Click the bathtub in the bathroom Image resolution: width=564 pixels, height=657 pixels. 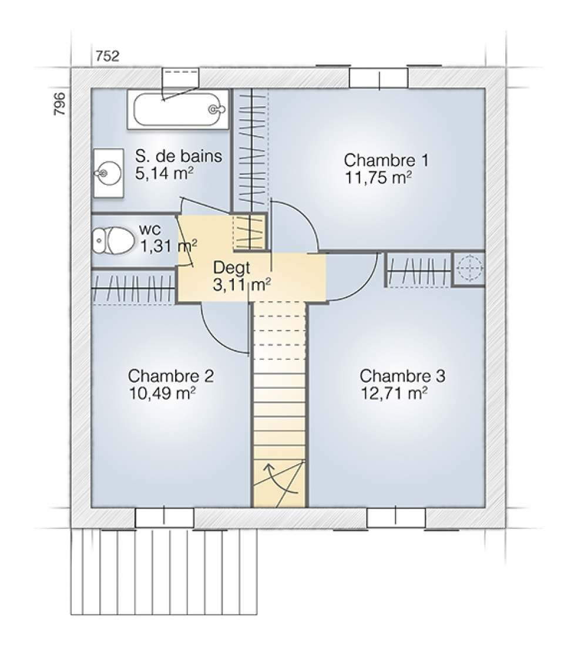[178, 109]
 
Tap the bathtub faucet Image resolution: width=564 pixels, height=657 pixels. [215, 109]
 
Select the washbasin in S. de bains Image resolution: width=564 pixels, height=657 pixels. [108, 172]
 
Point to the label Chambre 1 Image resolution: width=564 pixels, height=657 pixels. [386, 160]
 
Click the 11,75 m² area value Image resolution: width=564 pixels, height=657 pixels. [378, 178]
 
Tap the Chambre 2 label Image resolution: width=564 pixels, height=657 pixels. [170, 376]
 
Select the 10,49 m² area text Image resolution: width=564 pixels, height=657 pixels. [162, 393]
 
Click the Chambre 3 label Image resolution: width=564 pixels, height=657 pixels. [402, 376]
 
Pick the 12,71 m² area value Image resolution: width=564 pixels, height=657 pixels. [394, 393]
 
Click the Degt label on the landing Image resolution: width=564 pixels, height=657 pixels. [231, 268]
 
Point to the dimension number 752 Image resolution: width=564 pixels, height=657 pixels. [108, 56]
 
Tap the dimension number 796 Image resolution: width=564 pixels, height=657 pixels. [60, 103]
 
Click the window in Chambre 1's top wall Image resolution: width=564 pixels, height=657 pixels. [379, 78]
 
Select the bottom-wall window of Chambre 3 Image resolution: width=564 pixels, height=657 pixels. [396, 518]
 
